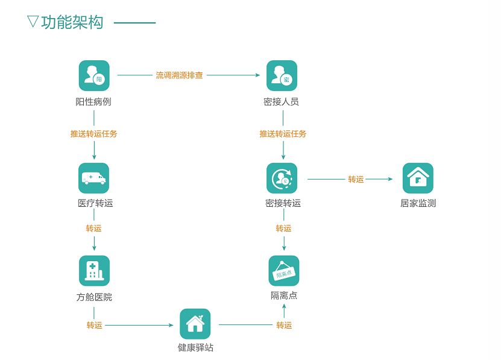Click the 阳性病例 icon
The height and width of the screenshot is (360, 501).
94,75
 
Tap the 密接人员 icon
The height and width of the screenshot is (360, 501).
282,75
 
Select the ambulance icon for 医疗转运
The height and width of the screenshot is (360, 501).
94,178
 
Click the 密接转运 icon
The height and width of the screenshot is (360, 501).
282,178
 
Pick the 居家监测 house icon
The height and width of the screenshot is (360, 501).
418,178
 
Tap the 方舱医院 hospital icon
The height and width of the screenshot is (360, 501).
94,271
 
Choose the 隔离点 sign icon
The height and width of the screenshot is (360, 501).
284,271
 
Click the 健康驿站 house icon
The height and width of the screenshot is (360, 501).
195,324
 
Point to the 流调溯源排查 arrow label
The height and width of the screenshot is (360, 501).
180,75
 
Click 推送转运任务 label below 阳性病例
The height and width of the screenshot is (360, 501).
94,134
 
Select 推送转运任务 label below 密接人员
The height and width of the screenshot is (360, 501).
283,134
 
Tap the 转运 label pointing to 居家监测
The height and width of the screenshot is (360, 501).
356,179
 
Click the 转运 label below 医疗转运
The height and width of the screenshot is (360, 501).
93,229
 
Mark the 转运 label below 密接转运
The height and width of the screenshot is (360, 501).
283,229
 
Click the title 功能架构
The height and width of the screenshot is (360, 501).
72,23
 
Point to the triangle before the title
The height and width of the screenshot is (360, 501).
33,22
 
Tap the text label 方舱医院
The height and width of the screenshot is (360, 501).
94,297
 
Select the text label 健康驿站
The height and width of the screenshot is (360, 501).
195,348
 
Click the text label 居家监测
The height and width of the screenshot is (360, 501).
418,203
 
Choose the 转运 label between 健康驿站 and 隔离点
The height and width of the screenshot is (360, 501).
284,326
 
